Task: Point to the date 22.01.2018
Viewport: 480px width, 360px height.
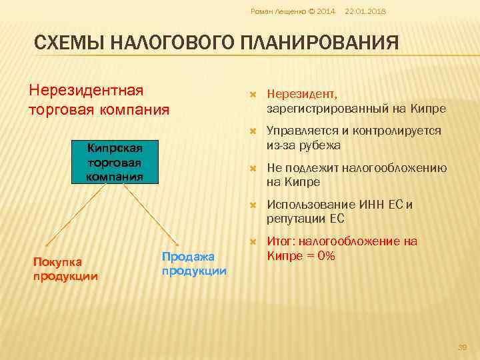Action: [365, 12]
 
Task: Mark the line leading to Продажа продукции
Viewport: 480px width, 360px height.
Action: [143, 213]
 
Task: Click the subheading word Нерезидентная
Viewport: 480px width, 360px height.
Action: [87, 90]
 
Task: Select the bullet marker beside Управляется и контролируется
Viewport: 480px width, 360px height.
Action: [253, 131]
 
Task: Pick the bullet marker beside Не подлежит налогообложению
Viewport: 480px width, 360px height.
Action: [253, 168]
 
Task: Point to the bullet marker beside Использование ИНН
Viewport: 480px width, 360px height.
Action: [253, 205]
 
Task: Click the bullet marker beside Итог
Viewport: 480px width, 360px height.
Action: [253, 241]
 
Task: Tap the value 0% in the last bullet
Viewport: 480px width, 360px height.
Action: [326, 256]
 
